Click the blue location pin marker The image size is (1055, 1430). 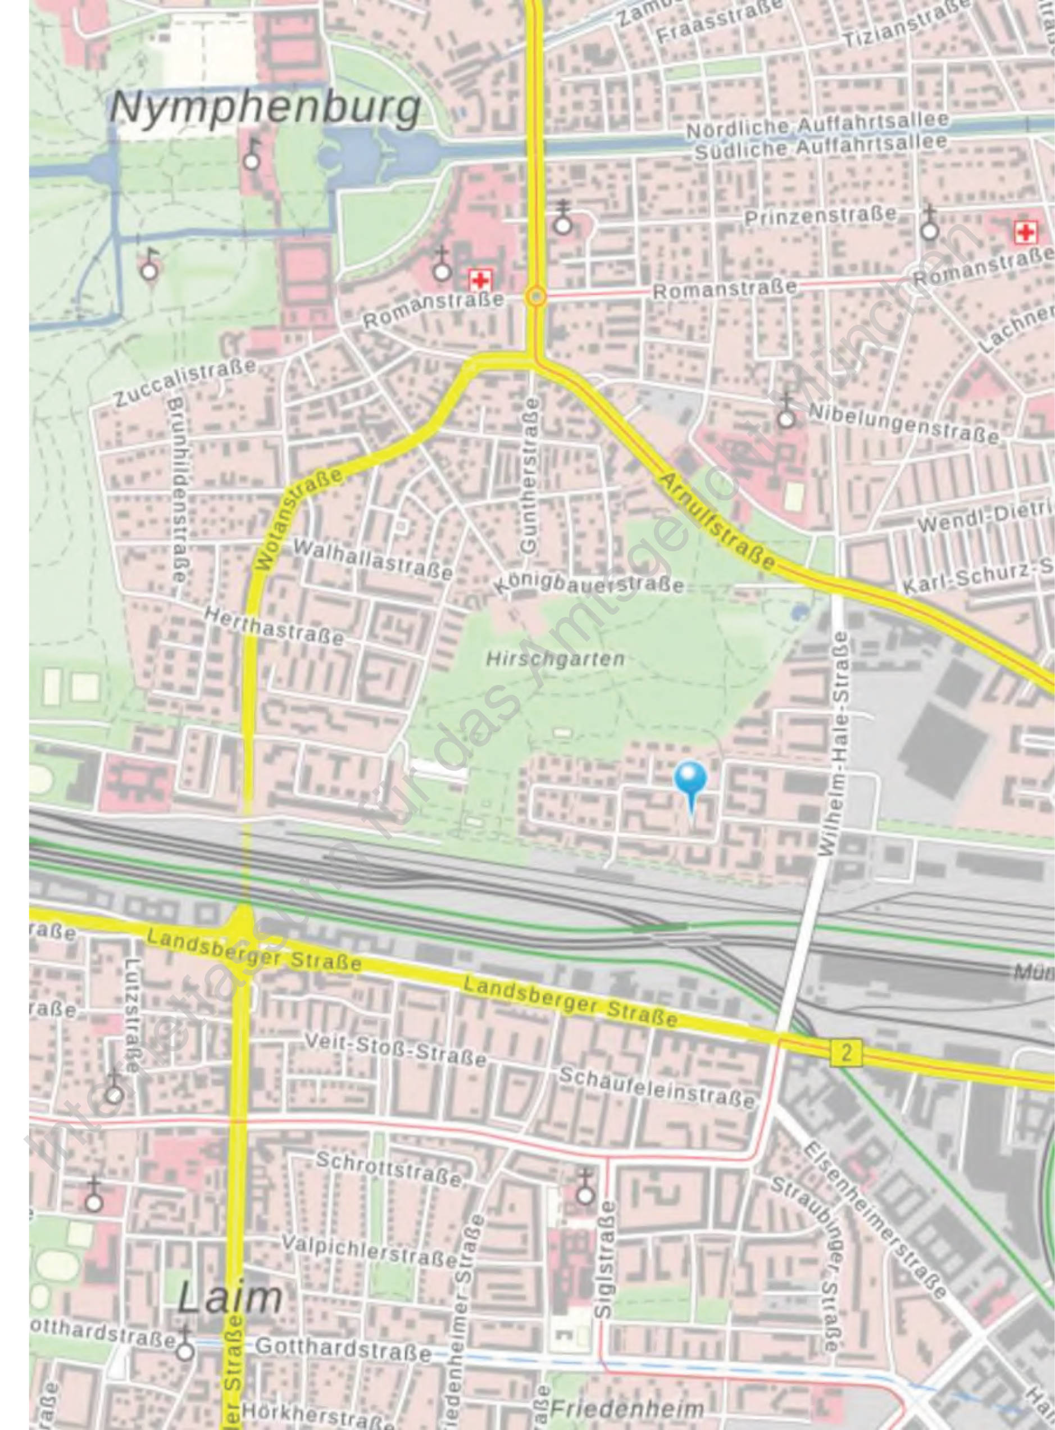pos(690,781)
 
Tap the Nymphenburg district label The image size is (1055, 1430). pos(266,108)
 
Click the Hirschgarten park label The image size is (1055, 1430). pos(555,659)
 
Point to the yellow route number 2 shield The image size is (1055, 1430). pos(846,1053)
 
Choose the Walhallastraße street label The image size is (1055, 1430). pos(374,560)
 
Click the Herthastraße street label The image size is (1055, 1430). pos(274,625)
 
